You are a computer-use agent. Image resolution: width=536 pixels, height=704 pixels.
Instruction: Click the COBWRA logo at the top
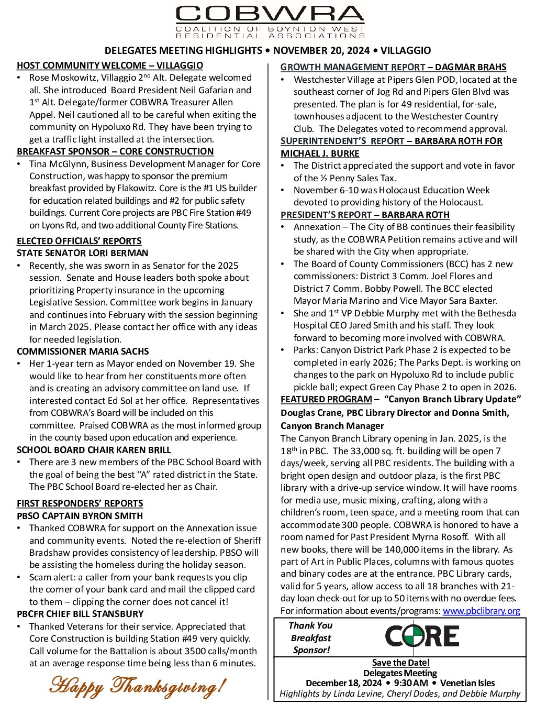tap(270, 22)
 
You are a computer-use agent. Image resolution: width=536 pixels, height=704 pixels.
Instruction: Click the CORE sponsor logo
tap(422, 636)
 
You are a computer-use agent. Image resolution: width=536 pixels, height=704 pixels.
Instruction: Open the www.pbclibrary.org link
tap(481, 611)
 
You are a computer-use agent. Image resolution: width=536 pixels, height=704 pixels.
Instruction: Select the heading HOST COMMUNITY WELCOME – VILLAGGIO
tap(110, 65)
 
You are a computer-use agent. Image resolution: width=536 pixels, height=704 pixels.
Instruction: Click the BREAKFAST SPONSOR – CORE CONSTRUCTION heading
tap(115, 151)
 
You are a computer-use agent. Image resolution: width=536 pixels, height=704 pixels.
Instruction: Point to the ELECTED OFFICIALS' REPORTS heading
tap(79, 241)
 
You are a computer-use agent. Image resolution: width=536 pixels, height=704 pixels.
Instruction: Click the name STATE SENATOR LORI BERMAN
tap(83, 253)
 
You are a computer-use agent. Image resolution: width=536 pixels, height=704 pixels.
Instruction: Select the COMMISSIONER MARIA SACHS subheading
tap(83, 351)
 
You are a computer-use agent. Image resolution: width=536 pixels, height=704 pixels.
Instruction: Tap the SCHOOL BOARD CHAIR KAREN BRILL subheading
tap(94, 450)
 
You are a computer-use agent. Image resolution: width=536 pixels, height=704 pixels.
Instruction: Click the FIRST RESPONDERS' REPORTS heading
tap(80, 503)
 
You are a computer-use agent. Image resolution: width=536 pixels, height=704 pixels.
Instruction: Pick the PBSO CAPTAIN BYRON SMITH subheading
tap(80, 516)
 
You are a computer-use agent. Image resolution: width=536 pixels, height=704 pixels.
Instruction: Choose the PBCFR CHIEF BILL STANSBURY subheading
tap(80, 614)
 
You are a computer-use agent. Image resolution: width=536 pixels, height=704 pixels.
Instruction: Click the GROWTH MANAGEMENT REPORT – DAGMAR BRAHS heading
tap(393, 67)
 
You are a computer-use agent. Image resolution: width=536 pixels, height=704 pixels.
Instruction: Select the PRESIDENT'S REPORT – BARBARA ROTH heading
tap(365, 215)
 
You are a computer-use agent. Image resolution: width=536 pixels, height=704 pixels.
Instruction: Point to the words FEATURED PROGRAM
tap(326, 400)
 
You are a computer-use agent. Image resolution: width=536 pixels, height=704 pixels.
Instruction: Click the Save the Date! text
tap(401, 663)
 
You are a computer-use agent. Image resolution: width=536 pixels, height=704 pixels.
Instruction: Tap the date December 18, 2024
tap(344, 683)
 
